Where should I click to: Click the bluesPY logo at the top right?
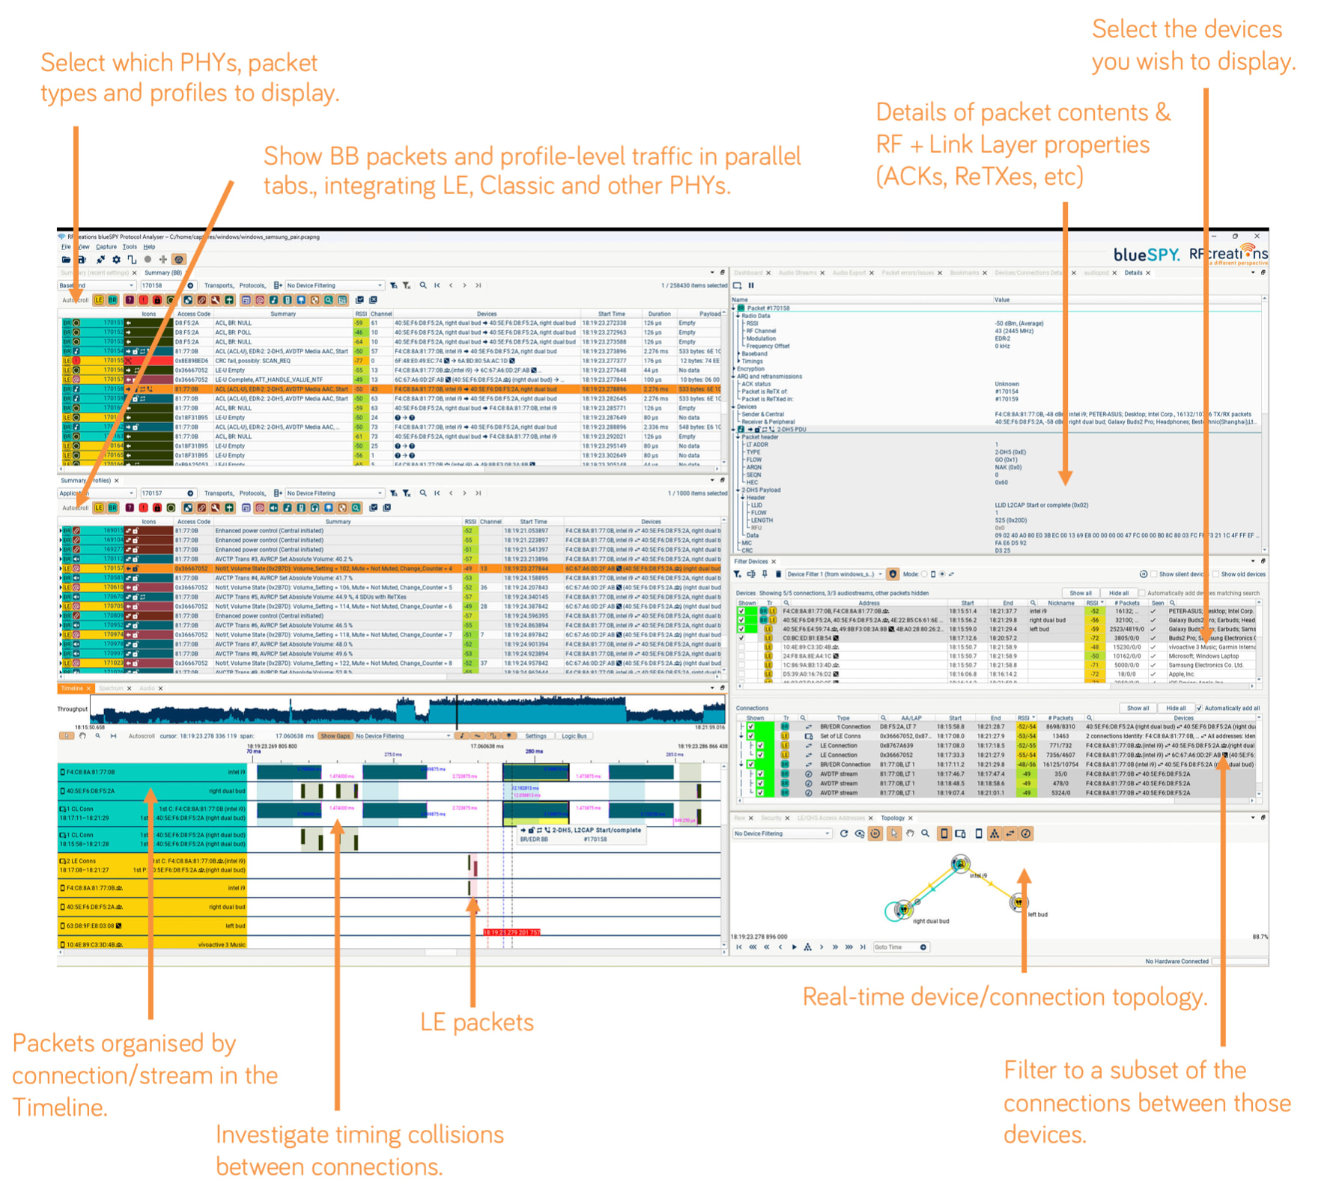[x=1146, y=255]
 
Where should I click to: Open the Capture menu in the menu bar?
[x=106, y=246]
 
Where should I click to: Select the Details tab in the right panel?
[x=1133, y=273]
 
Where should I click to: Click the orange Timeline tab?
[x=73, y=688]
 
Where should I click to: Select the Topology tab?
[x=893, y=818]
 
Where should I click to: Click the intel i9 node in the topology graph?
[x=960, y=864]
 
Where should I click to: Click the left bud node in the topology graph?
[x=1018, y=902]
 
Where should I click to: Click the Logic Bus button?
[x=574, y=736]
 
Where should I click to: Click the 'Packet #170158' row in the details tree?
[x=768, y=308]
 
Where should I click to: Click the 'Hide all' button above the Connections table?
[x=1176, y=708]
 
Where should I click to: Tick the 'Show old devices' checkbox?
[x=1215, y=574]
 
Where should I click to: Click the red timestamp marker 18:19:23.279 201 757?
[x=511, y=932]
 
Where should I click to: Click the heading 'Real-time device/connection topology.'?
[x=1004, y=997]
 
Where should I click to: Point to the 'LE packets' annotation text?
[x=477, y=1022]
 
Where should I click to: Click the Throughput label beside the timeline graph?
[x=73, y=708]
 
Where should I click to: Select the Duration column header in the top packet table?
[x=659, y=314]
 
